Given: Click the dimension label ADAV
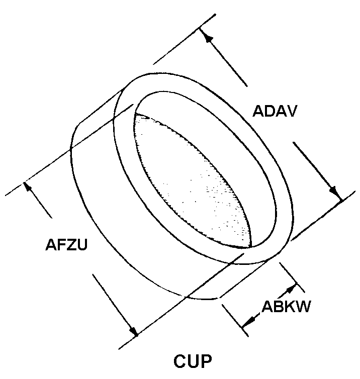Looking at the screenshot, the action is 275,111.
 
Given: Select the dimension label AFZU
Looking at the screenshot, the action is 66,244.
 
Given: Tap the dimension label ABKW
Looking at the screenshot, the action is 286,307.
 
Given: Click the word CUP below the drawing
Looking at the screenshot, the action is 193,361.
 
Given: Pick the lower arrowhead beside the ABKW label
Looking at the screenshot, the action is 248,322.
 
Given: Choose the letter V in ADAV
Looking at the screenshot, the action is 292,111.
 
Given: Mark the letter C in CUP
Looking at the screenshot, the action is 179,361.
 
